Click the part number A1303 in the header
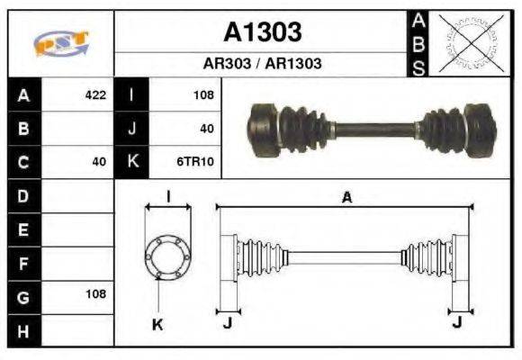tap(262, 32)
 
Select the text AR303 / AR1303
tap(262, 64)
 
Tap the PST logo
tap(60, 43)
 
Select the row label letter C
tap(24, 162)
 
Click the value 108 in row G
tap(94, 294)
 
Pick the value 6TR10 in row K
tap(196, 162)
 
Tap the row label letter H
tap(24, 330)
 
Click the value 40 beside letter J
tap(206, 129)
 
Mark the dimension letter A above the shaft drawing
tap(346, 198)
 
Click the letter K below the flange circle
tap(157, 324)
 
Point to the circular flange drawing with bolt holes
tap(167, 256)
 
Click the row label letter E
tap(24, 229)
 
